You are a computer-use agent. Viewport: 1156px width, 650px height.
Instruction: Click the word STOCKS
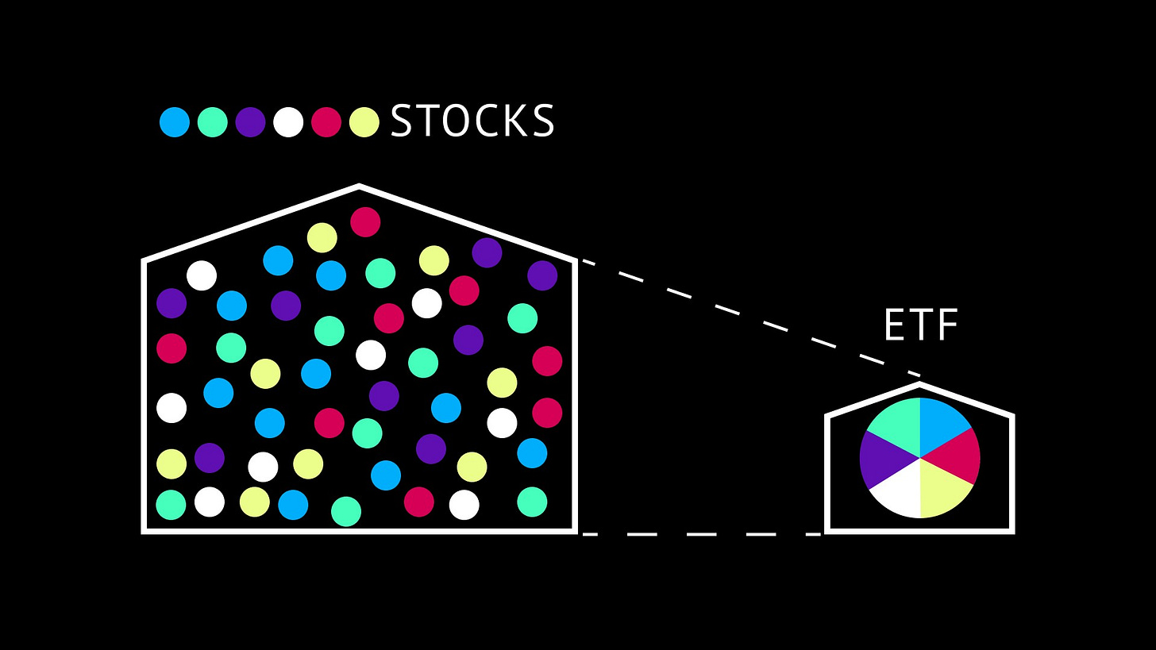click(472, 121)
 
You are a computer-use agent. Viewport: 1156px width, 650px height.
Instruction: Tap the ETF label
click(921, 325)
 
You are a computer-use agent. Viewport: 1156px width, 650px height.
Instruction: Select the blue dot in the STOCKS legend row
click(175, 122)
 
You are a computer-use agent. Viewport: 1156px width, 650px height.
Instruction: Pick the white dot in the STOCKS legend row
click(288, 122)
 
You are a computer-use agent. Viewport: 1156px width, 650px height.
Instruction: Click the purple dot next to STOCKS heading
click(250, 122)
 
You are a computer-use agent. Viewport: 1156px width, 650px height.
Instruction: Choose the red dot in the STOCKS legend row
click(326, 122)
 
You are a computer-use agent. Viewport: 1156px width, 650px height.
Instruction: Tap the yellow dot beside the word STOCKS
click(364, 122)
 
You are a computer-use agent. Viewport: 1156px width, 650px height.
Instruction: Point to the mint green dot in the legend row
click(213, 122)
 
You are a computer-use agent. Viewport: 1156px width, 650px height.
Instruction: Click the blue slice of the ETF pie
click(942, 424)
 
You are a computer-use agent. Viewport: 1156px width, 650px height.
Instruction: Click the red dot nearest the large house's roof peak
click(365, 222)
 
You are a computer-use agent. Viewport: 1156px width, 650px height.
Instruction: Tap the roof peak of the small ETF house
click(919, 385)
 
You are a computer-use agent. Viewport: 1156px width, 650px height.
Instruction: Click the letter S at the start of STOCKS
click(403, 121)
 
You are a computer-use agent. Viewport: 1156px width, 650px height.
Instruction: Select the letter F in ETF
click(947, 325)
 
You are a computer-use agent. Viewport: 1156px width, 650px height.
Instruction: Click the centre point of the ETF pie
click(919, 458)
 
